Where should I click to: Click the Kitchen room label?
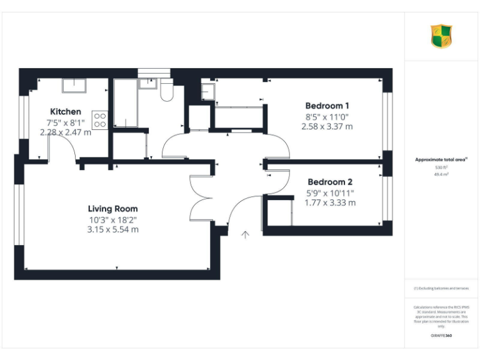click(65, 112)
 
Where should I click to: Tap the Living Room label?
click(112, 209)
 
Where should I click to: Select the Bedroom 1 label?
click(327, 106)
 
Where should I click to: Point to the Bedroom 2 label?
click(330, 182)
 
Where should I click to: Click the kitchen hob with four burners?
click(100, 120)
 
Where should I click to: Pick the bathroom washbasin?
click(148, 83)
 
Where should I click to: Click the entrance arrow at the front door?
click(246, 234)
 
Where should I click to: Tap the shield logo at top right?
click(441, 36)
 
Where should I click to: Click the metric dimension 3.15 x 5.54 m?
click(112, 229)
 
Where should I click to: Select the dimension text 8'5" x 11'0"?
click(327, 116)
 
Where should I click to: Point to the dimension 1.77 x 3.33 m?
click(330, 202)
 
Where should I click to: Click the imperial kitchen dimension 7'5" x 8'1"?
click(65, 122)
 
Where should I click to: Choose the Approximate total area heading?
click(441, 160)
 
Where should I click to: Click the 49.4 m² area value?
click(441, 175)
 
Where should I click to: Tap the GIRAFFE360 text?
click(441, 336)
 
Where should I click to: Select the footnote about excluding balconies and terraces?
click(441, 288)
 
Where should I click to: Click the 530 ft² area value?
click(441, 167)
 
